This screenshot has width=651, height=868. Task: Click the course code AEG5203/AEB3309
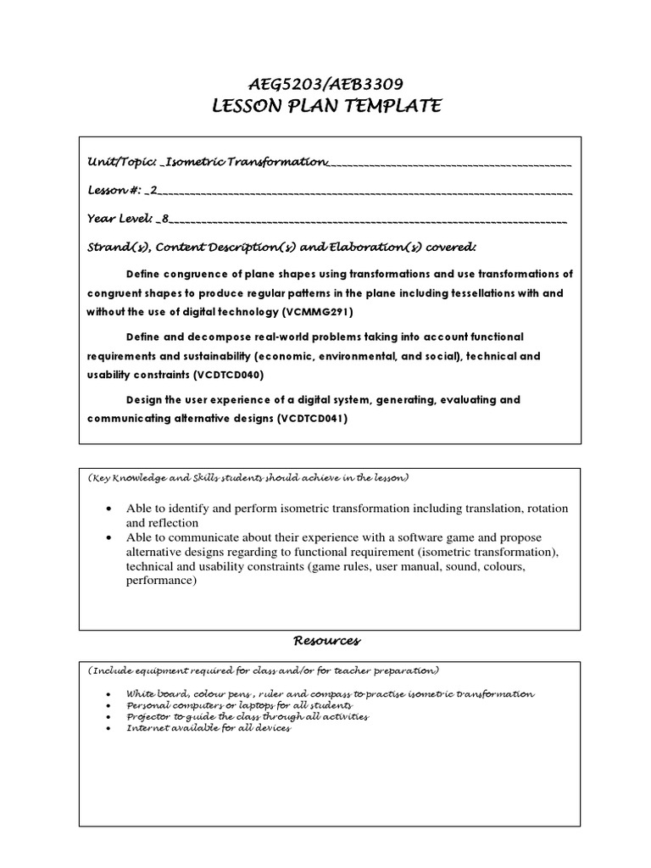[325, 84]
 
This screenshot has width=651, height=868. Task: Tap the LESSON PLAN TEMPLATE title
[325, 106]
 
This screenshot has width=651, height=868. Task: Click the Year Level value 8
[165, 219]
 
